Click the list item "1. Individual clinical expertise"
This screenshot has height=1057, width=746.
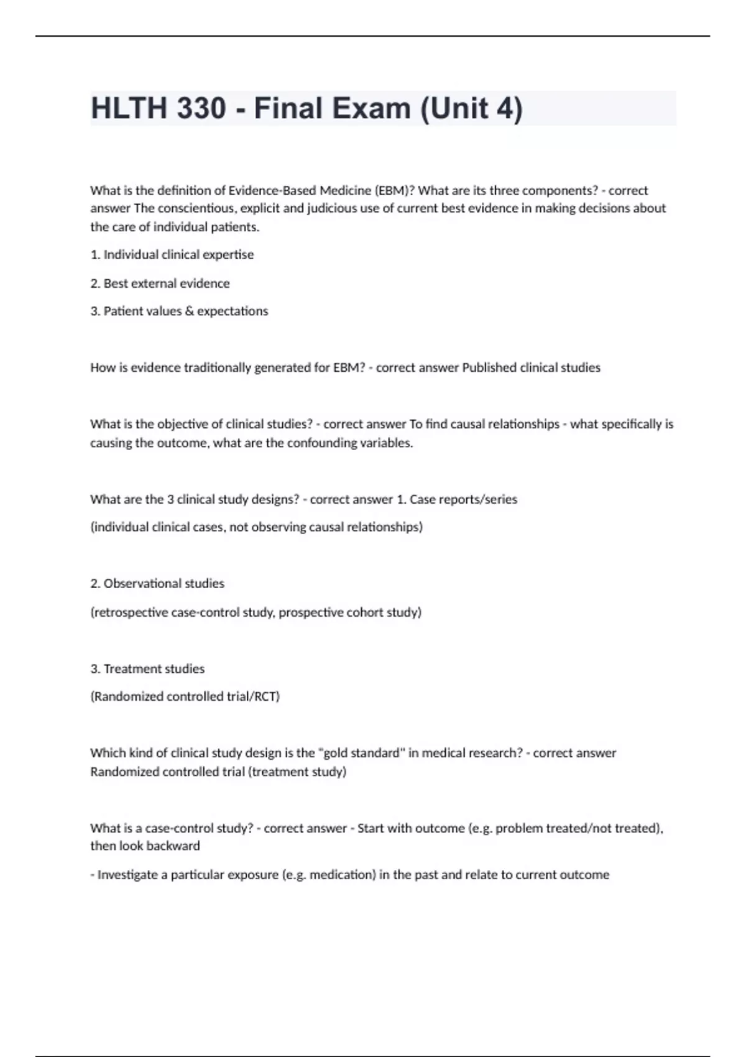172,254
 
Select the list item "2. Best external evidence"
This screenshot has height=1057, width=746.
160,283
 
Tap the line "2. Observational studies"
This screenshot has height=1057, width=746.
157,583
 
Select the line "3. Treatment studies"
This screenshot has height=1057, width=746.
147,668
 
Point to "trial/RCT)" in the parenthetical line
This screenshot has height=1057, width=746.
253,696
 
